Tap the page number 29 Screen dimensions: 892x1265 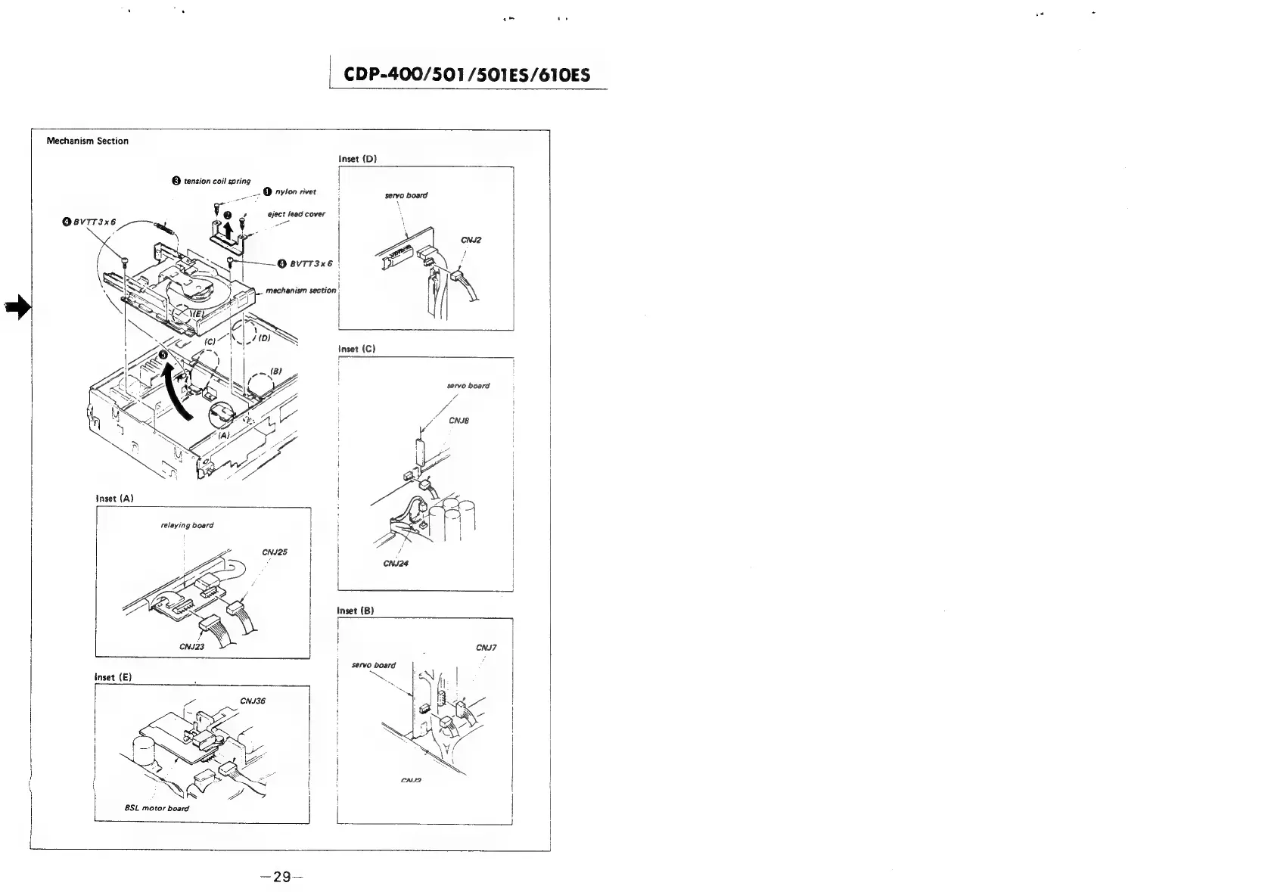(281, 877)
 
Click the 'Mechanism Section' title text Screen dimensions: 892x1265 (88, 141)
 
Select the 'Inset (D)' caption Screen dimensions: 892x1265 (357, 159)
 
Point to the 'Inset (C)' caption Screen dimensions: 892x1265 (357, 349)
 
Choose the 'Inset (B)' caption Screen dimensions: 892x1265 (356, 610)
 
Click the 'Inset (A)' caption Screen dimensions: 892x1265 (115, 499)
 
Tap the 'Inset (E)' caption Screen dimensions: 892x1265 (113, 677)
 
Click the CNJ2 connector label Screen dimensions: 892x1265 (471, 241)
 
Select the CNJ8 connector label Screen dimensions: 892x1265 (459, 421)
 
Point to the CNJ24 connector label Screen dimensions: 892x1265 (396, 564)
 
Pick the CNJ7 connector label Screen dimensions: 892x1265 (486, 648)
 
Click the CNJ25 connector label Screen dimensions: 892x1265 (275, 552)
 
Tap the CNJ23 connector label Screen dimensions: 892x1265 (192, 647)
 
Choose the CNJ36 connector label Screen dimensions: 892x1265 (253, 701)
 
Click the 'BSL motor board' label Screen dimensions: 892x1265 (157, 808)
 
